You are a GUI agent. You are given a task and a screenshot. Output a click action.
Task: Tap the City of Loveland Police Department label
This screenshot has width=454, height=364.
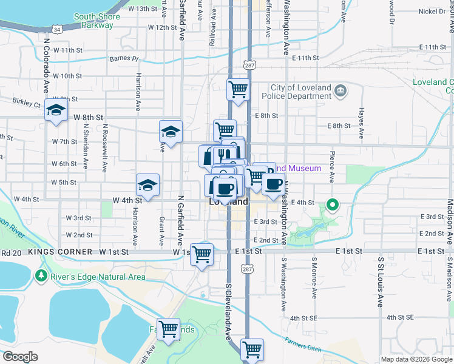(297, 91)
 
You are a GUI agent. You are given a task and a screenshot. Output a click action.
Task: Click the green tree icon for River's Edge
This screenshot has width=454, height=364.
(41, 277)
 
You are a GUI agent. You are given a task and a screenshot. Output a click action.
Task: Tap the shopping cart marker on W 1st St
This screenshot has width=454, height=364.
(202, 254)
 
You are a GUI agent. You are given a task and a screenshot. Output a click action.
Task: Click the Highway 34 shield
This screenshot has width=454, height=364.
(56, 29)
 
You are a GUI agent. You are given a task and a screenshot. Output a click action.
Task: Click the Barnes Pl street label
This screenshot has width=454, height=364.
(124, 59)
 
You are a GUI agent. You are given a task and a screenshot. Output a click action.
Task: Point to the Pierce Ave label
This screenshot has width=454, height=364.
(332, 167)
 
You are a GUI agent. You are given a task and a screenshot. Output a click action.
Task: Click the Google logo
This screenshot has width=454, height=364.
(20, 357)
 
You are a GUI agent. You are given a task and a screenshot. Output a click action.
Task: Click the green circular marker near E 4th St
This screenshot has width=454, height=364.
(332, 206)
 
